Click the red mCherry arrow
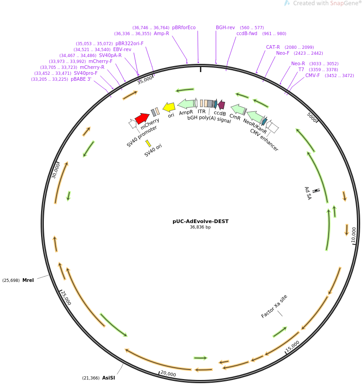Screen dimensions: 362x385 [x=142, y=118]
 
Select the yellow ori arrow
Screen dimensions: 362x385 [x=169, y=107]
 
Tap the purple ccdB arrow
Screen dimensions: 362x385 [x=221, y=104]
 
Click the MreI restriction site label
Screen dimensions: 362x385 [x=28, y=280]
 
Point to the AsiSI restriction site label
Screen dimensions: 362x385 [x=108, y=378]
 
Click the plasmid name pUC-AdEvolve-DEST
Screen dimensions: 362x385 [x=200, y=221]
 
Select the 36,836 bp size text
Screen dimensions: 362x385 [x=200, y=227]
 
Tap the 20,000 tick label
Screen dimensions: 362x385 [x=168, y=374]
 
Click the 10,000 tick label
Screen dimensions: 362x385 [x=353, y=234]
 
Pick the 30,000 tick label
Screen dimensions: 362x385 [x=56, y=171]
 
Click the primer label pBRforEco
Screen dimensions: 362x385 [x=184, y=27]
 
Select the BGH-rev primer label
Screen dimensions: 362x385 [x=226, y=27]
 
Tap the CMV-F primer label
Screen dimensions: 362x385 [x=313, y=75]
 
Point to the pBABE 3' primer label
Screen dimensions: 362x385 [x=81, y=79]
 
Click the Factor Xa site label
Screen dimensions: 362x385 [x=274, y=307]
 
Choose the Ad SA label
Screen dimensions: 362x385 [x=308, y=193]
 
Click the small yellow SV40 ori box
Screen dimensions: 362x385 [x=148, y=143]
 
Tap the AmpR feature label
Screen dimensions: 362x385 [x=186, y=112]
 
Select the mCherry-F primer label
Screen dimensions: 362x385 [x=100, y=61]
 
